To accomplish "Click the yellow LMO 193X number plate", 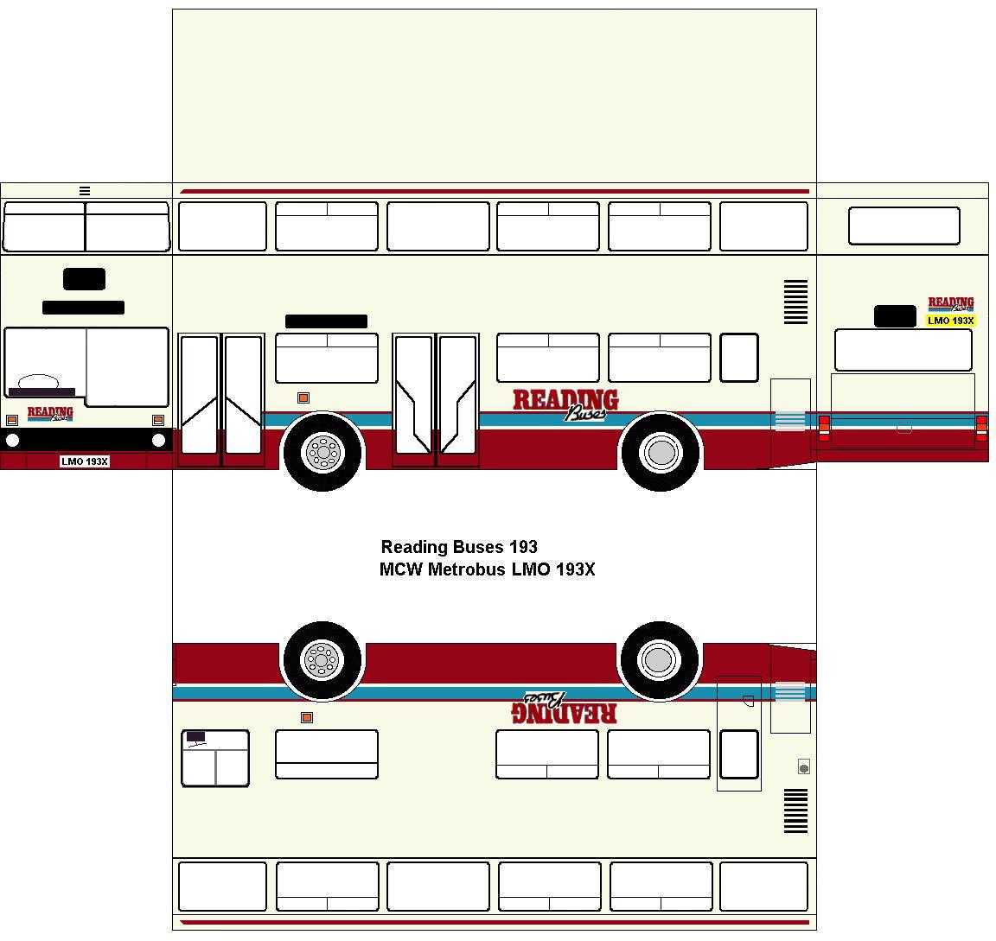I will point(950,321).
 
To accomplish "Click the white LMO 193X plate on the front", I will point(85,461).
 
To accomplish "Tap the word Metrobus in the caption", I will point(466,569).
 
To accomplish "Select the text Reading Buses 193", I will point(459,547).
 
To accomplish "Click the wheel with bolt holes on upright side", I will point(323,451).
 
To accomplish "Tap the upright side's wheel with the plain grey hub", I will point(661,451).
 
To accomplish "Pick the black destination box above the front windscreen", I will point(84,279).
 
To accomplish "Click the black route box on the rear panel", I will point(895,316).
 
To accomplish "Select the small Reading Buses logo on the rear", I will point(951,304).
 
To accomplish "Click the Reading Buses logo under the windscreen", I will point(50,414).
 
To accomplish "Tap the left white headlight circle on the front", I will point(13,441).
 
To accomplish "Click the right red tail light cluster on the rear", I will point(981,428).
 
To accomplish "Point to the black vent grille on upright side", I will point(795,302).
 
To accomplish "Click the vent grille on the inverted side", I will point(795,811).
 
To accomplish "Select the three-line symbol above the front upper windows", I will point(85,191).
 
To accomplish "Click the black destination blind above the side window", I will point(326,321).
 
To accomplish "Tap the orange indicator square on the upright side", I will point(303,397).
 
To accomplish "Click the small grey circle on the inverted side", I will point(804,767).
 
